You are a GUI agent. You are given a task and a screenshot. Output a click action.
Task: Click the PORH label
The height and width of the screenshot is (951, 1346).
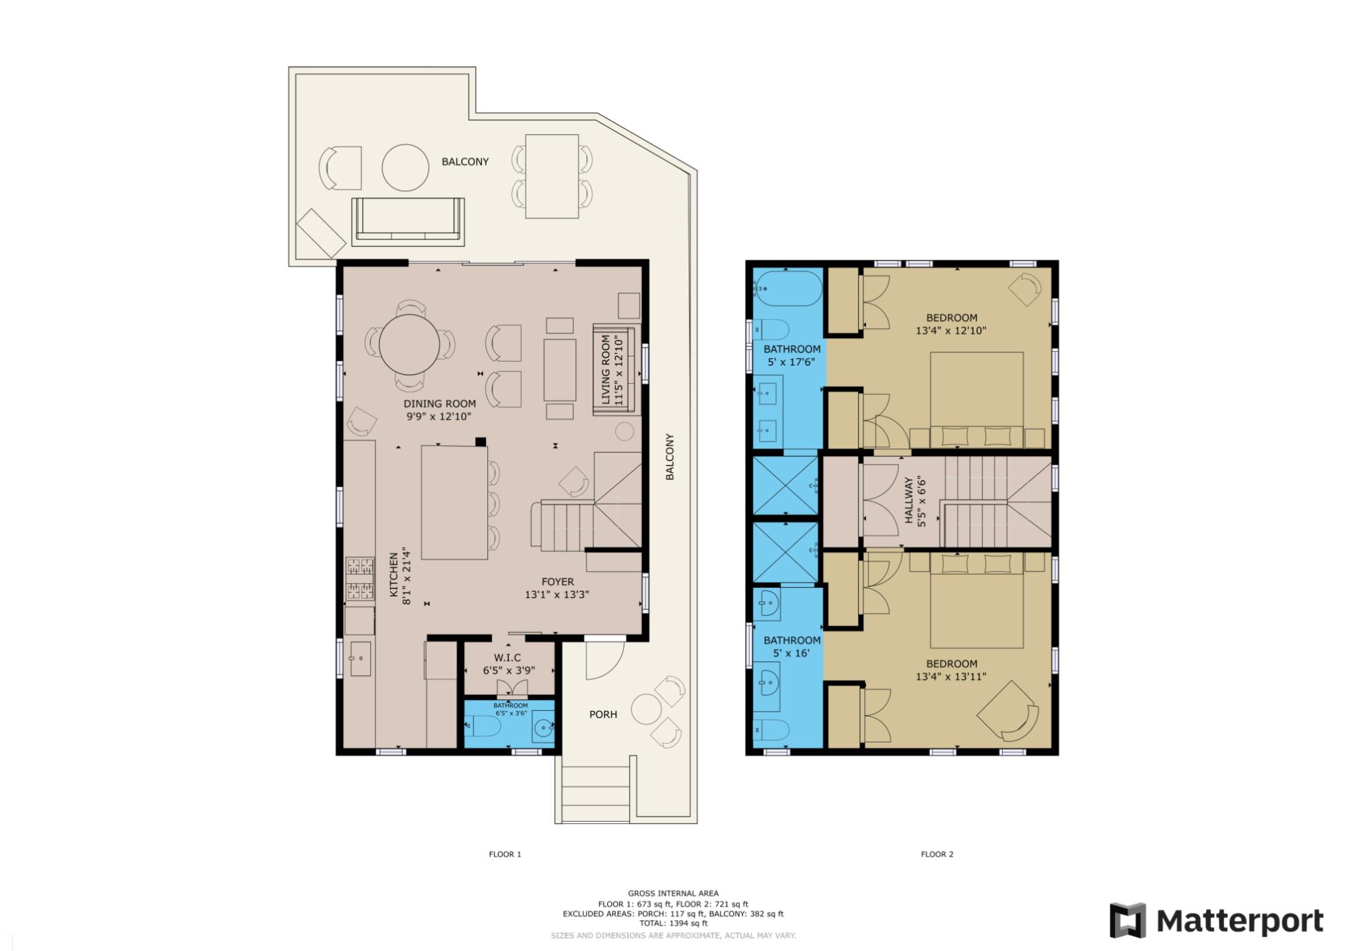coord(603,714)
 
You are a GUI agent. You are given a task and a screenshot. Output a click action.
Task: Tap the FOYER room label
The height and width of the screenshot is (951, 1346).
coord(558,582)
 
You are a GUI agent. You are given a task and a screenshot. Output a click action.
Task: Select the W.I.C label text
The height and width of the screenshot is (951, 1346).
coord(507,658)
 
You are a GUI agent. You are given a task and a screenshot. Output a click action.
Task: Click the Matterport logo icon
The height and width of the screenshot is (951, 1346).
coord(1128,920)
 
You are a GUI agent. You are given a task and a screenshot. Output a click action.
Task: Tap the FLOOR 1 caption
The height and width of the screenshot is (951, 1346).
coord(505,854)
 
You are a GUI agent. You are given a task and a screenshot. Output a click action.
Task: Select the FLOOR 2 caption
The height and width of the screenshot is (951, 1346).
coord(937,854)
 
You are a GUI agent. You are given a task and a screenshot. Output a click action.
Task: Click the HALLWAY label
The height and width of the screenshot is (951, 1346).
coord(909,500)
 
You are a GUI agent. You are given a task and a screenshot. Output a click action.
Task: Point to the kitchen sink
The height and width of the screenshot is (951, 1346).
coord(360,658)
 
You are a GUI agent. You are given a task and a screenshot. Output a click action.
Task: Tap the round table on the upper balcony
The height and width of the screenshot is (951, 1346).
coord(406,168)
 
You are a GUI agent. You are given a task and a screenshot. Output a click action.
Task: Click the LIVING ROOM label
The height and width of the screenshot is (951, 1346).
coord(606,370)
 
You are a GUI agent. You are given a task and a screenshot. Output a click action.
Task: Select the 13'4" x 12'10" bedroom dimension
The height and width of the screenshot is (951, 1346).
coord(951,330)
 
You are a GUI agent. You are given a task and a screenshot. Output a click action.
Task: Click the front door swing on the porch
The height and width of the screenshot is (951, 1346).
coord(604,659)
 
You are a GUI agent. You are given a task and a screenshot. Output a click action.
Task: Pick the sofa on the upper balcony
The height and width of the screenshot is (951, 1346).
coord(408,219)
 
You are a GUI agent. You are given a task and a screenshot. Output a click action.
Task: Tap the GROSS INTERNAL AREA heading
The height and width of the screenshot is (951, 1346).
coord(673,894)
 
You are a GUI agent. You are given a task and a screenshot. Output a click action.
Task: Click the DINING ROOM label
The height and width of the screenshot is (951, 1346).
coord(439,404)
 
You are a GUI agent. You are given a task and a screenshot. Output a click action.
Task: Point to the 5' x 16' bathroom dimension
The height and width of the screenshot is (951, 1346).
coord(791,653)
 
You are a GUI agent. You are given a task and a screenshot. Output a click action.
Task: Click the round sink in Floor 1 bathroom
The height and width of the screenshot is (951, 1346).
coord(543,727)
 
